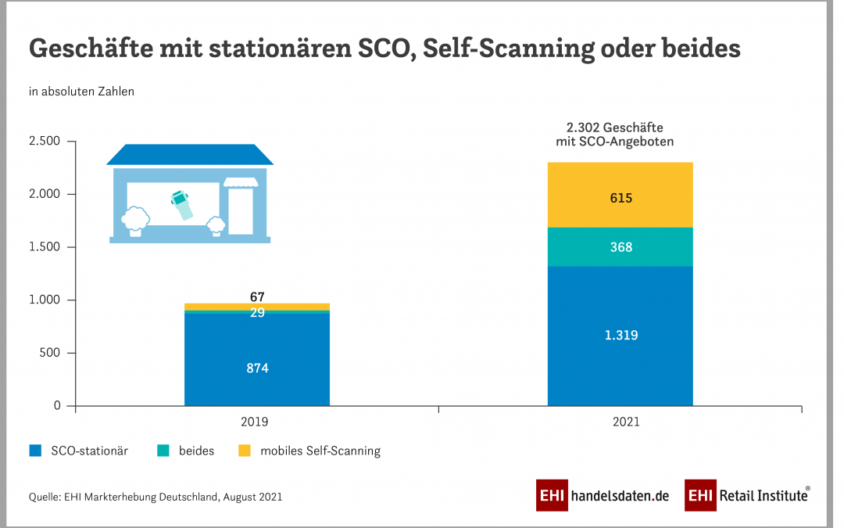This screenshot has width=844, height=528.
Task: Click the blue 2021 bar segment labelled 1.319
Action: click(620, 336)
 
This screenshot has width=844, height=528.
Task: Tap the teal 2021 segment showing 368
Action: click(620, 247)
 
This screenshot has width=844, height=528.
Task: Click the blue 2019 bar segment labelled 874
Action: click(257, 368)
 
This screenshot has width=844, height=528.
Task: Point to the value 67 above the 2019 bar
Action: click(257, 296)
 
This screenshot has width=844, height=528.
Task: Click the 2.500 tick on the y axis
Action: click(44, 142)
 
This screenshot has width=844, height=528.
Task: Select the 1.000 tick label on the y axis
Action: click(44, 300)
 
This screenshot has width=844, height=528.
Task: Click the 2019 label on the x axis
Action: click(254, 422)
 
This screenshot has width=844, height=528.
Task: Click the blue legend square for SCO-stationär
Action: click(35, 451)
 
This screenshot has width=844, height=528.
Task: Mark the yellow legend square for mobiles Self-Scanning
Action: click(245, 451)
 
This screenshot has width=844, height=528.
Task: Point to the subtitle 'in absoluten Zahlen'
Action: click(81, 92)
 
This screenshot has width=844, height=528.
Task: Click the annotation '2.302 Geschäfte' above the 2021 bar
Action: click(620, 128)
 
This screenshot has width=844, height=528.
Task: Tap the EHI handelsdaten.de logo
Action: click(603, 496)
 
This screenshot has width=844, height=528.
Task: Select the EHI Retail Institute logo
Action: click(747, 496)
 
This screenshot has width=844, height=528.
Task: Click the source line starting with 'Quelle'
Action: click(156, 497)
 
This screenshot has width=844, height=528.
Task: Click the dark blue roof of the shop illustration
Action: click(190, 154)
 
